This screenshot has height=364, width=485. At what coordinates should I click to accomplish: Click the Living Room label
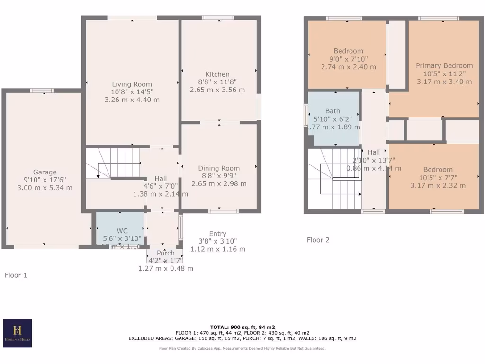point(132,84)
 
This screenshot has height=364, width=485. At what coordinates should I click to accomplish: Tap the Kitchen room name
point(217,74)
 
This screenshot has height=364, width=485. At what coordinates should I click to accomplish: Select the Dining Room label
point(219,168)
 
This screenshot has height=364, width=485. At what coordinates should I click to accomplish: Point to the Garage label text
point(45,172)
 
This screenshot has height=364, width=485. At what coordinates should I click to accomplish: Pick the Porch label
point(165,253)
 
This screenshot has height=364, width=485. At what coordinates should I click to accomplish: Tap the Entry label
point(217,234)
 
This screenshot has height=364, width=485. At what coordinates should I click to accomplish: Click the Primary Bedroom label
point(444,65)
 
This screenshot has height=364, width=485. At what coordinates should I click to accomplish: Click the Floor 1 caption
point(16,275)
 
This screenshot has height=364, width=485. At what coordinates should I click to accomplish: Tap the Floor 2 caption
point(318,240)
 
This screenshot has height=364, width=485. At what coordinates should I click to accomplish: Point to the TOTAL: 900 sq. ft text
point(242,327)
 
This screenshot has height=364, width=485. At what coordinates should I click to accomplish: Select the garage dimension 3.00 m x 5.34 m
point(45,188)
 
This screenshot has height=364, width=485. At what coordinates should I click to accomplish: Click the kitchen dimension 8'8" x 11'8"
point(217,82)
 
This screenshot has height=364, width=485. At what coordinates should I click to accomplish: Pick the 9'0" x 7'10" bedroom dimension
point(348,59)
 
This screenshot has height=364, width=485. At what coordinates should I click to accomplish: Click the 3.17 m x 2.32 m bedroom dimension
point(438,185)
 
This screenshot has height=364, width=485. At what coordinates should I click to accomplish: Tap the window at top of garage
point(42,91)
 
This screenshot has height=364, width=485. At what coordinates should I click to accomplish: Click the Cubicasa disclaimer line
point(242,348)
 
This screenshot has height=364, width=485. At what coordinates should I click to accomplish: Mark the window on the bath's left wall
point(305,114)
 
